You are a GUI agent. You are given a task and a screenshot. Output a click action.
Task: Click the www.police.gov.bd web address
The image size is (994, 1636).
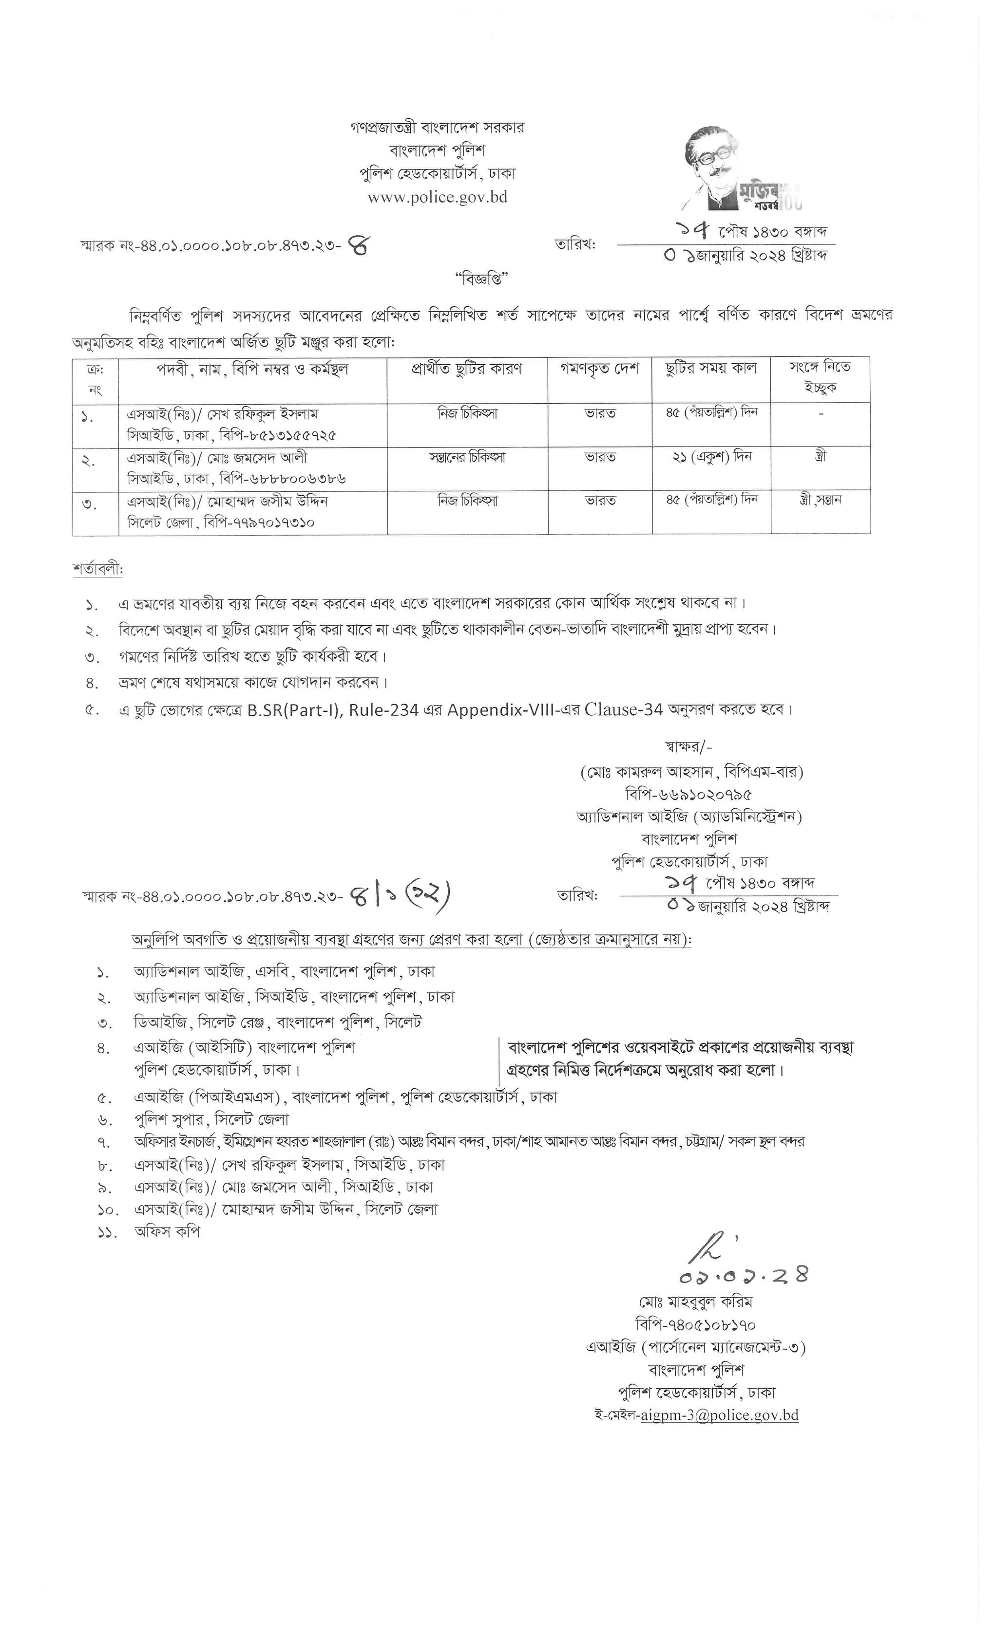[x=437, y=197]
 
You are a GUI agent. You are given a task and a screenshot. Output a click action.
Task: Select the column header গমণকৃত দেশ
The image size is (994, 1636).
[x=599, y=369]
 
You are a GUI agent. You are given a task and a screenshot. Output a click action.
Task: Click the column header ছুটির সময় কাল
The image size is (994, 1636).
[x=710, y=369]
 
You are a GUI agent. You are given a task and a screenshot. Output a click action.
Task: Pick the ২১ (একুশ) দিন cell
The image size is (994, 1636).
[x=711, y=457]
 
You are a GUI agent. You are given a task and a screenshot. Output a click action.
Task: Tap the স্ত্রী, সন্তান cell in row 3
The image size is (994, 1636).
[x=821, y=499]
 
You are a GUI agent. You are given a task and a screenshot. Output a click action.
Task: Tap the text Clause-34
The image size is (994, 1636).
[x=624, y=710]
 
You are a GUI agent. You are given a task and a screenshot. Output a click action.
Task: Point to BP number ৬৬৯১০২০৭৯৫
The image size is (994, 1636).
[x=688, y=794]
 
